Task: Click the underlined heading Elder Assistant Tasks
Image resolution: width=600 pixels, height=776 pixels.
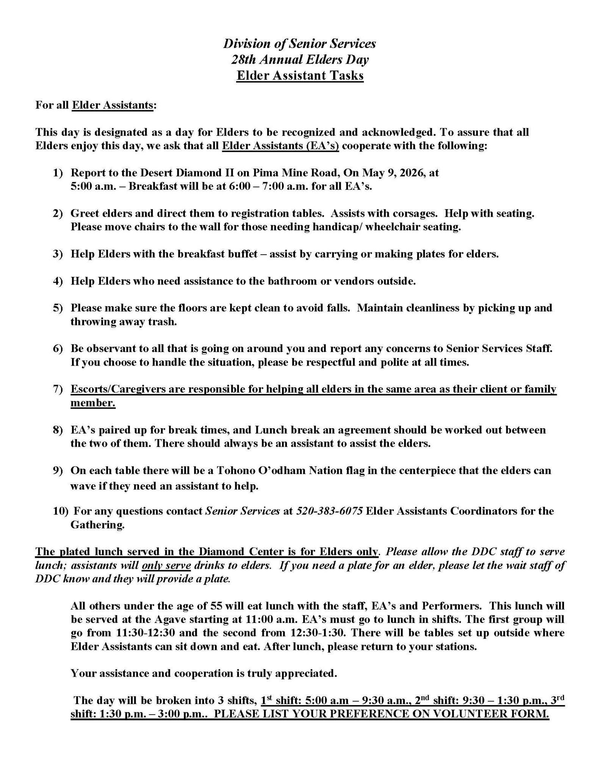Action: click(300, 75)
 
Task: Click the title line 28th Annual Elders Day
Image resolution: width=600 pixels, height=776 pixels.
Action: click(300, 59)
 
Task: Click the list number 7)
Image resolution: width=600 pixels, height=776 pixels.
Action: click(57, 389)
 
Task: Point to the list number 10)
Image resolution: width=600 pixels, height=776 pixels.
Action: click(60, 511)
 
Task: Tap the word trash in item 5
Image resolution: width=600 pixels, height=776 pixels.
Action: click(164, 322)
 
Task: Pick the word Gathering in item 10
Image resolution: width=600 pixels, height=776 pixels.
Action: click(97, 525)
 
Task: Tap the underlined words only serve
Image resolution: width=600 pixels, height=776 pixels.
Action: click(166, 566)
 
